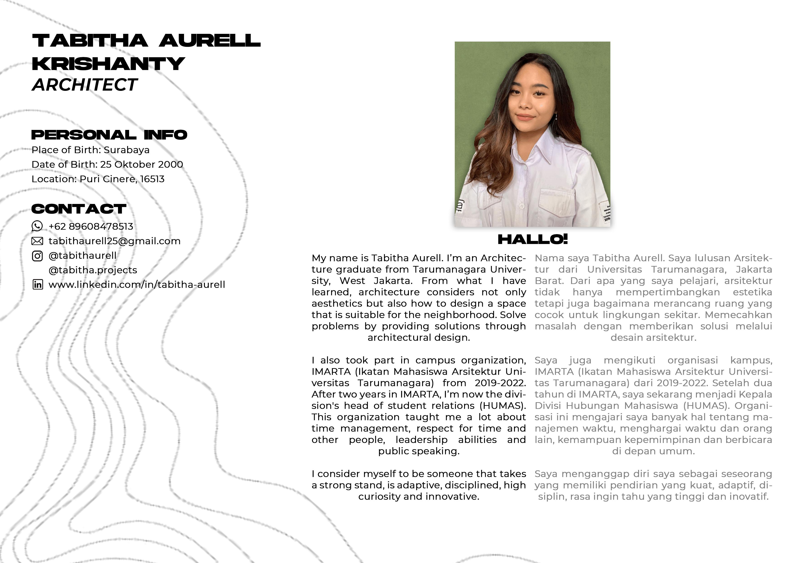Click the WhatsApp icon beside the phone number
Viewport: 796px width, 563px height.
coord(37,226)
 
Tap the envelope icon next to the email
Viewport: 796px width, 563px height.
coord(37,241)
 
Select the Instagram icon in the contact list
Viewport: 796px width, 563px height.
coord(37,256)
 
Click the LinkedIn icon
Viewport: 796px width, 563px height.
coord(37,284)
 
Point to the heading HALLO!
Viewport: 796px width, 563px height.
coord(533,239)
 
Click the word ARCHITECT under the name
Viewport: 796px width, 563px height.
coord(85,85)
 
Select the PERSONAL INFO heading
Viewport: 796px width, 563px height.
coord(109,135)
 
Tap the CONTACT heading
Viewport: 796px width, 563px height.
coord(79,209)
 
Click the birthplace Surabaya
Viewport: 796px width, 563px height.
coord(127,150)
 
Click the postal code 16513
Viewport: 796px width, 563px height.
coord(152,179)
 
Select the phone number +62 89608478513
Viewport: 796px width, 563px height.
coord(91,226)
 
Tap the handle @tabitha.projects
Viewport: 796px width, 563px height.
coord(93,270)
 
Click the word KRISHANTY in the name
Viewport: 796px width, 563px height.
coord(108,64)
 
